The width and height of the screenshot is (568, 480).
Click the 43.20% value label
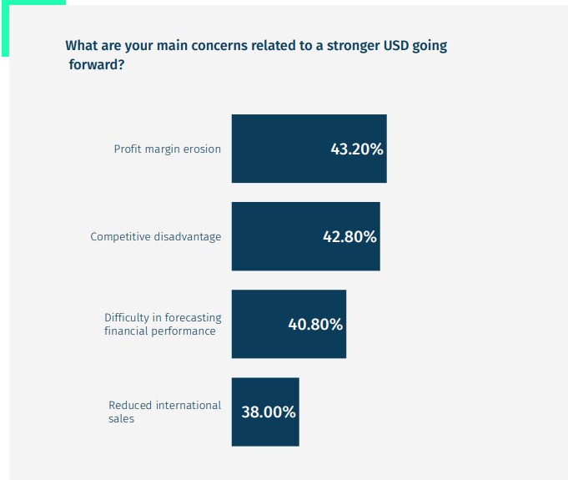tap(357, 149)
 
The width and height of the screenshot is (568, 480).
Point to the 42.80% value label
tap(349, 237)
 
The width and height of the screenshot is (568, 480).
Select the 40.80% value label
tap(315, 325)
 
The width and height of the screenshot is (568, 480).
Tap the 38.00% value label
tap(269, 412)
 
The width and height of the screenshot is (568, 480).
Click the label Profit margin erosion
tap(168, 149)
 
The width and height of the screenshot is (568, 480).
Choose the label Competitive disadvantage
tap(156, 237)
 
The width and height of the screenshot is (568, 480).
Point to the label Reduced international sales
tap(164, 412)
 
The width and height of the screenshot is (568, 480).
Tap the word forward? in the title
tap(97, 64)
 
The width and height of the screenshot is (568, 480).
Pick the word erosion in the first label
tap(203, 149)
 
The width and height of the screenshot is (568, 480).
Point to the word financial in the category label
tap(128, 331)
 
